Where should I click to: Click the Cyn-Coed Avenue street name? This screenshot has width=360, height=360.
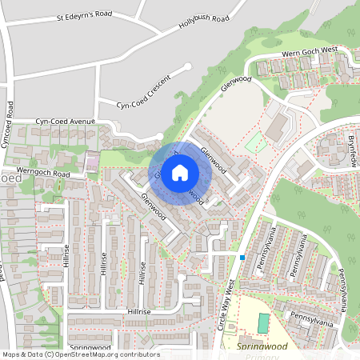[64, 122]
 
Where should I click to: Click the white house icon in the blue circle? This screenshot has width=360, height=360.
[180, 172]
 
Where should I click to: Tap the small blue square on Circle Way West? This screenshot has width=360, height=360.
[242, 257]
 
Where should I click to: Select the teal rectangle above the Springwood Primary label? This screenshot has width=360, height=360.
[264, 323]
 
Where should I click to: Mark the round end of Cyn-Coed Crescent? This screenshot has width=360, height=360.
[188, 66]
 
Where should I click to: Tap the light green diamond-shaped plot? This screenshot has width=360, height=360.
[256, 142]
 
